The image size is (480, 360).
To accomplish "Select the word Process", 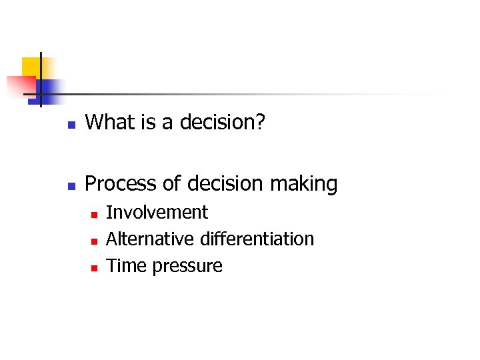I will pos(114,183).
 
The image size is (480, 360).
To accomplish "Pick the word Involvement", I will pos(157,213).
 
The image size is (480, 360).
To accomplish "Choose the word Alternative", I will pos(142,239).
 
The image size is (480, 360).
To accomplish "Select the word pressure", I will pos(187,267).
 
